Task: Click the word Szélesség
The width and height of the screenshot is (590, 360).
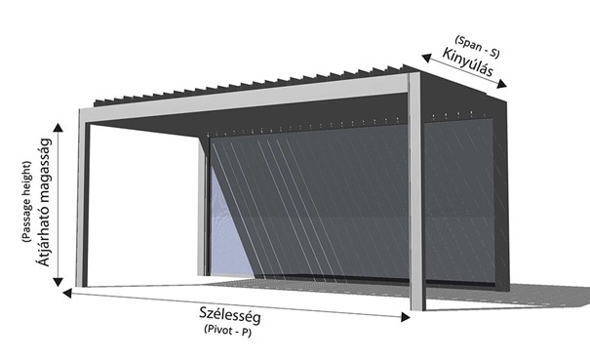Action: point(229,315)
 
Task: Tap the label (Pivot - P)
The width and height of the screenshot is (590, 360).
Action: point(227,330)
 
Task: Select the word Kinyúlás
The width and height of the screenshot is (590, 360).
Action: point(467,62)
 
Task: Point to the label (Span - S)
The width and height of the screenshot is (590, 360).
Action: point(477,47)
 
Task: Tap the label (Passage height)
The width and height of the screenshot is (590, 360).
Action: point(26,202)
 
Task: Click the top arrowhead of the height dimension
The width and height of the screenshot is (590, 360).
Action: point(58,127)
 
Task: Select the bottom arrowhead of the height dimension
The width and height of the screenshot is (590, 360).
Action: point(58,282)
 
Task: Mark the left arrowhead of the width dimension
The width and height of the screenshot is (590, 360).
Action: point(67,293)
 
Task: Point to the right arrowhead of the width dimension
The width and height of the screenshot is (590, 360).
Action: point(406,317)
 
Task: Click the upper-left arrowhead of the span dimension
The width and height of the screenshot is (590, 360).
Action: point(426,58)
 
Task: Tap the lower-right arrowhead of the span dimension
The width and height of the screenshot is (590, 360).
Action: point(501,84)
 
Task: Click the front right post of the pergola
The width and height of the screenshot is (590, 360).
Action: point(416,191)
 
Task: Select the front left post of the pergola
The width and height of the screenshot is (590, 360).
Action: point(82,198)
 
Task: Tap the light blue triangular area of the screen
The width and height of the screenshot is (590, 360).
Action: point(229,233)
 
